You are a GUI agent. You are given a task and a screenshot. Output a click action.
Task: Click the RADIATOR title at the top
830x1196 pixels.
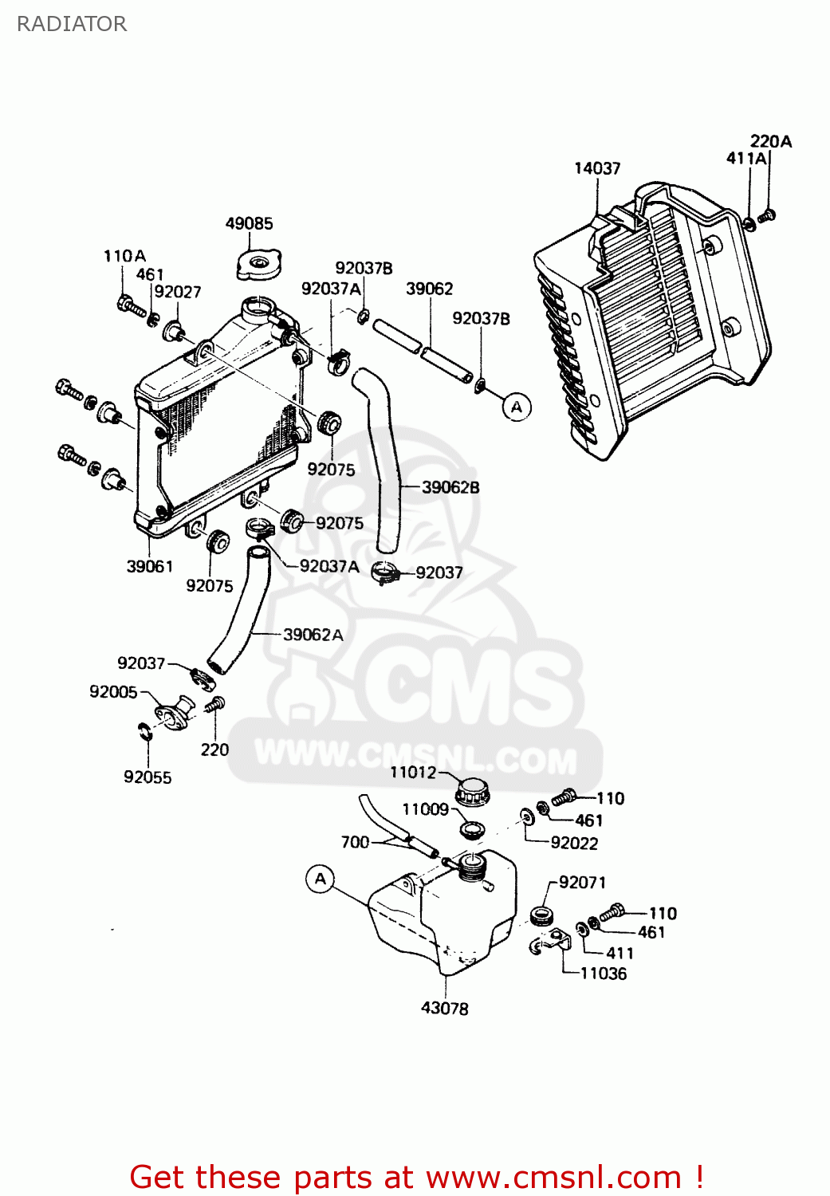point(72,24)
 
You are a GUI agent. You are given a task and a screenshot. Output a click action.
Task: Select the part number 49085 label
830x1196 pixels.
point(249,223)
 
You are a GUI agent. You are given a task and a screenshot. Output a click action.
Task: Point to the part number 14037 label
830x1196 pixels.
point(597,168)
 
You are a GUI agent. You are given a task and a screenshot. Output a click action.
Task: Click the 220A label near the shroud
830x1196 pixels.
point(771,141)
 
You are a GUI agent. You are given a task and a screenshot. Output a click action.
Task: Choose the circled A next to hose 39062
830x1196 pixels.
point(517,407)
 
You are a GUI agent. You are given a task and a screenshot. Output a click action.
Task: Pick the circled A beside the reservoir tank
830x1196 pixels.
point(321,879)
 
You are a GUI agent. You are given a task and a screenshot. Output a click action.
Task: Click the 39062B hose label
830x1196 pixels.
point(450,487)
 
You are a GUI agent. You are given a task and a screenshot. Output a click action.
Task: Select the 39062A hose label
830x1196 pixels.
point(313,635)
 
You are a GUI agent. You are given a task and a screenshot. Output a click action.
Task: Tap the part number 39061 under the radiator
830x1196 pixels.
point(150,566)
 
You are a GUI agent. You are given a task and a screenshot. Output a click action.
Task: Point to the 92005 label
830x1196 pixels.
point(113,692)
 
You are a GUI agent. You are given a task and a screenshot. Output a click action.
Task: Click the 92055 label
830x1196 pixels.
point(148,777)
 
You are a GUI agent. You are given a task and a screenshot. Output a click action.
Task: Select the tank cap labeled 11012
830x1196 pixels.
point(472,792)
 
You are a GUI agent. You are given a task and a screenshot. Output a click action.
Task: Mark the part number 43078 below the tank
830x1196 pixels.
point(445,1008)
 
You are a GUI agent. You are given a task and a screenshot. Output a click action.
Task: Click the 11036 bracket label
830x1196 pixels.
point(604,974)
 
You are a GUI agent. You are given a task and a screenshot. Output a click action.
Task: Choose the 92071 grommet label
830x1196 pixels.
point(582,883)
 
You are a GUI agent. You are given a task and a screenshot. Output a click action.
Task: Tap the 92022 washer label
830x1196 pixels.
point(574,843)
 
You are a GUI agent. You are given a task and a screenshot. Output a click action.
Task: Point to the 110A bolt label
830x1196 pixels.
point(124,256)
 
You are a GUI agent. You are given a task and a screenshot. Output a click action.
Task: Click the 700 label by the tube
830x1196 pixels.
point(355,842)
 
